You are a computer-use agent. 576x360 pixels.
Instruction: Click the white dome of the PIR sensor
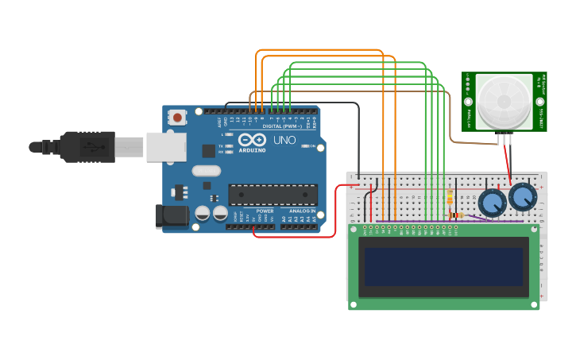point(504,101)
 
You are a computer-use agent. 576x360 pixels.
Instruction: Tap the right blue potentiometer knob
point(523,196)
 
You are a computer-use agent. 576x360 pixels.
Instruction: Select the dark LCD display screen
point(444,266)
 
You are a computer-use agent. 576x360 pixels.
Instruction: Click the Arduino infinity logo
point(251,140)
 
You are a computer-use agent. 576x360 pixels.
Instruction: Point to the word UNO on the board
point(284,140)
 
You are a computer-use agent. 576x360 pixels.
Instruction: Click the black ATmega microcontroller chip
point(273,195)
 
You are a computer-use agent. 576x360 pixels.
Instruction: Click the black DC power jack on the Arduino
point(172,215)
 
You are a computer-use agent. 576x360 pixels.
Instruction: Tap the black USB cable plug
point(87,147)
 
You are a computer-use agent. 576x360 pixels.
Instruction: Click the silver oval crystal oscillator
point(205,170)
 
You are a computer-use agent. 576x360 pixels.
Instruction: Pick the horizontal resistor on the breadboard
point(454,215)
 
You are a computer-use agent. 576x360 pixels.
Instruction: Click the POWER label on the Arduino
point(265,211)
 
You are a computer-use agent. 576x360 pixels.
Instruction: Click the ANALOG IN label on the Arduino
point(301,211)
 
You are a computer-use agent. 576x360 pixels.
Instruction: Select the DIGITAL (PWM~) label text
point(279,126)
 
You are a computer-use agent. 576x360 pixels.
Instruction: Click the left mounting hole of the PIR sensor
point(469,102)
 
